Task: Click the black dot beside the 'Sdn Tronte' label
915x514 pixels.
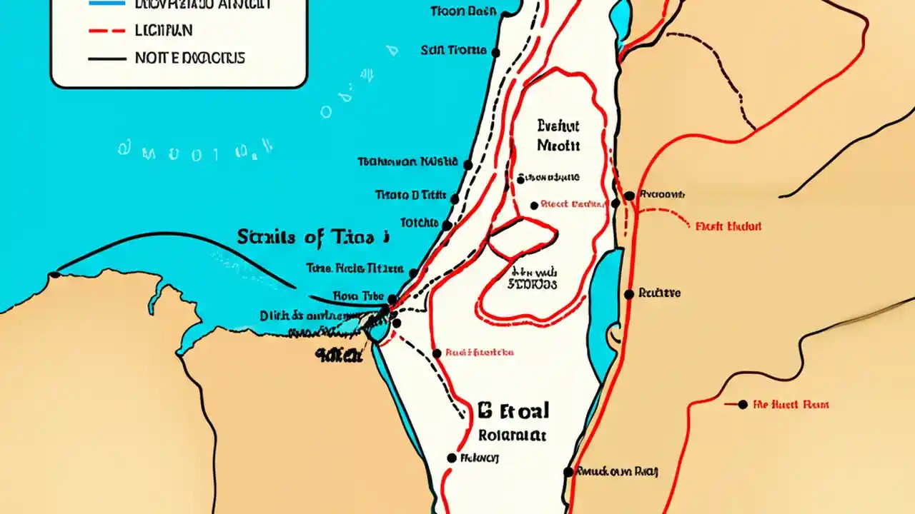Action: tap(498, 51)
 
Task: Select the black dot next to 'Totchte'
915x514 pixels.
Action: tap(447, 225)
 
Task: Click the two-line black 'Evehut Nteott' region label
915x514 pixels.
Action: tap(558, 136)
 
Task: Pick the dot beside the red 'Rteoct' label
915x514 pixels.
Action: tap(533, 206)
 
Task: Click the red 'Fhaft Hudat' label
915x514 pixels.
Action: tap(729, 226)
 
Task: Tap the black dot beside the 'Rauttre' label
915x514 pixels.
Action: tap(628, 294)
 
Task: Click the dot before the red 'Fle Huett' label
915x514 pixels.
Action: tap(743, 404)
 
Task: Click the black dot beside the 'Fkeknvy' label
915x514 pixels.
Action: tap(451, 458)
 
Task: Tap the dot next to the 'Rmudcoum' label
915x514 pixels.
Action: tap(568, 472)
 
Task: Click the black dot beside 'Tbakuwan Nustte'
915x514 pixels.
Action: tap(468, 165)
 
